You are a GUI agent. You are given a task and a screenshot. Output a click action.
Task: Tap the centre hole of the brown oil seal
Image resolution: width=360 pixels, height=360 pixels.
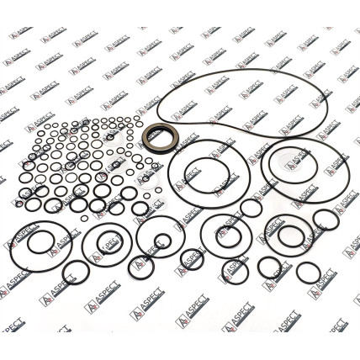[x=161, y=138]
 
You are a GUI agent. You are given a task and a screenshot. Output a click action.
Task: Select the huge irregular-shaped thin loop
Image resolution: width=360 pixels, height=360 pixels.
[x=157, y=112]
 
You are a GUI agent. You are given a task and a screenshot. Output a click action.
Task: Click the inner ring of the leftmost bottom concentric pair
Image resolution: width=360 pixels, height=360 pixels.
[x=28, y=242]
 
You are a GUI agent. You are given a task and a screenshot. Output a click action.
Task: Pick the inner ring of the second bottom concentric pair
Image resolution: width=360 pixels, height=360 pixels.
[x=98, y=242]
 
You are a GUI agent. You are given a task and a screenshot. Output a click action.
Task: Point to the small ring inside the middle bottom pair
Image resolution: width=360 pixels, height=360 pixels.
[x=155, y=241]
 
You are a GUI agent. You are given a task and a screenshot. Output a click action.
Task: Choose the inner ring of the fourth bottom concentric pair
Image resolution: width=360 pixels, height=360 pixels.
[x=216, y=237]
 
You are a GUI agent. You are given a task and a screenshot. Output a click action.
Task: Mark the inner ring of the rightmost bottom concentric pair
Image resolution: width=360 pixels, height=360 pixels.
[x=278, y=236]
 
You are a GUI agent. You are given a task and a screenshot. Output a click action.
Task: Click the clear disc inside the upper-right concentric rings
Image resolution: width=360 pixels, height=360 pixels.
[x=291, y=163]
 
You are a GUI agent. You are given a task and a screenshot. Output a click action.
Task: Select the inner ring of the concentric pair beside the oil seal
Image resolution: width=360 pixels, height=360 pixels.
[x=185, y=176]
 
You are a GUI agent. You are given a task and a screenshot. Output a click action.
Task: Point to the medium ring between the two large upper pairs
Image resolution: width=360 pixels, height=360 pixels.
[x=241, y=208]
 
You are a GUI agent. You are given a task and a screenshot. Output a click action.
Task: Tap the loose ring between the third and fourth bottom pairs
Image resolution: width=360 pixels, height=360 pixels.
[x=181, y=259]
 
